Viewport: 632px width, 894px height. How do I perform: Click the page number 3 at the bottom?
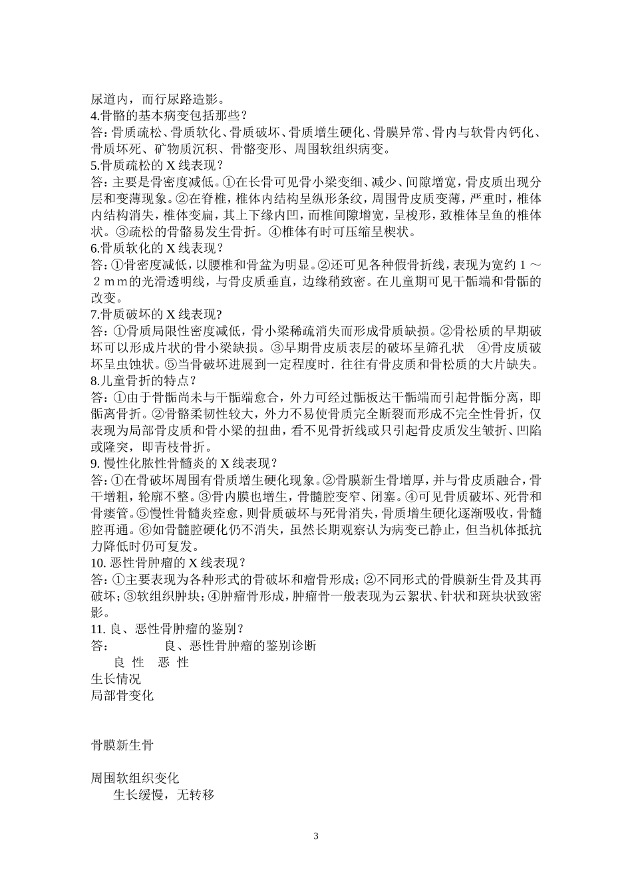(x=316, y=836)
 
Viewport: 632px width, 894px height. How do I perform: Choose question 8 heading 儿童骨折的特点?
(x=143, y=380)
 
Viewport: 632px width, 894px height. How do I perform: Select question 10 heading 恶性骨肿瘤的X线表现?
(x=172, y=563)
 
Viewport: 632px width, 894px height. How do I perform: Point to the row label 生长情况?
(x=116, y=678)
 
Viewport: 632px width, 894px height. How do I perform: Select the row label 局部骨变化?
(x=122, y=695)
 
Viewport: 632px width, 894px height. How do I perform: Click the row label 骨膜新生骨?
(x=122, y=745)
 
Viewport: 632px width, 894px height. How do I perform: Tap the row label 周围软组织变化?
(x=134, y=778)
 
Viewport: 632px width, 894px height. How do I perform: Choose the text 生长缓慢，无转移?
(x=164, y=795)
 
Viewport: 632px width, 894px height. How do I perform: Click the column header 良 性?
(x=129, y=663)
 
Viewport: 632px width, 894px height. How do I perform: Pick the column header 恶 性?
(x=174, y=663)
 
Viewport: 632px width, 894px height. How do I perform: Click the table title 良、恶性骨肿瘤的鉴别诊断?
(x=240, y=645)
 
